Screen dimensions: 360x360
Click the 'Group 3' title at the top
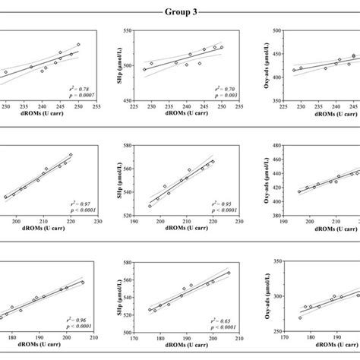tap(179, 11)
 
